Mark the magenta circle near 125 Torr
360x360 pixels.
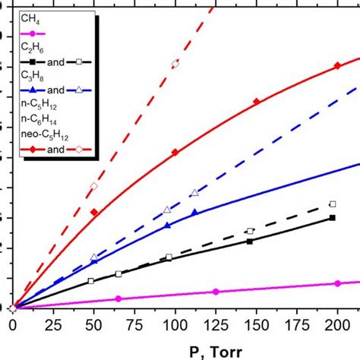click(216, 292)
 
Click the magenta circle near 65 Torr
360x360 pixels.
click(118, 299)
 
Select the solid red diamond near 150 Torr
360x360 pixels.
click(256, 101)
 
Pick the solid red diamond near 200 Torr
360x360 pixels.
click(338, 67)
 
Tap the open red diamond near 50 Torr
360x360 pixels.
click(94, 186)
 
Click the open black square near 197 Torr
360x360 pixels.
click(333, 204)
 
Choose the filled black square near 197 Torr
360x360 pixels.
click(333, 218)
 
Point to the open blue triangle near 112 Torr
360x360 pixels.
click(194, 193)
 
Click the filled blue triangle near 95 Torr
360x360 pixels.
click(167, 225)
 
